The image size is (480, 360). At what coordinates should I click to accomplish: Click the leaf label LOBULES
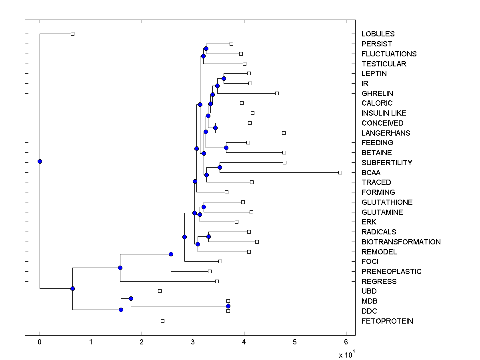coord(378,34)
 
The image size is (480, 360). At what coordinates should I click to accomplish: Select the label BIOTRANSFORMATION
coord(401,242)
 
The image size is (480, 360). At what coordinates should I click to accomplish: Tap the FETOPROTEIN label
coord(387,321)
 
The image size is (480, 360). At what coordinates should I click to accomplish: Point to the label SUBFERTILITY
coord(386,163)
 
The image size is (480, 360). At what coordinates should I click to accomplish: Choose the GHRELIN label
coord(377,94)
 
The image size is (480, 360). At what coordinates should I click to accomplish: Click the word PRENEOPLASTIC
coord(391,272)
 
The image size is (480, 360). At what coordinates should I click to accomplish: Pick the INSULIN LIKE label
coord(384,113)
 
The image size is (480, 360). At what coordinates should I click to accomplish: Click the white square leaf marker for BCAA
coord(340,172)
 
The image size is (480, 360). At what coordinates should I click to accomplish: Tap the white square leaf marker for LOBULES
coord(72,34)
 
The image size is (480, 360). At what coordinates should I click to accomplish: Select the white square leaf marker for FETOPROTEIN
coord(162,321)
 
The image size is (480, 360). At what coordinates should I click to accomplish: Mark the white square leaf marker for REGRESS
coord(217,281)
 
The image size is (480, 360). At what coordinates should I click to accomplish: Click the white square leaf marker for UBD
coord(160,291)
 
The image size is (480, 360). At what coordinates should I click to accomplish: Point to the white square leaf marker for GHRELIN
coord(277,93)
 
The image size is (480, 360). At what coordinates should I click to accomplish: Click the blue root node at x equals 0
coord(40,161)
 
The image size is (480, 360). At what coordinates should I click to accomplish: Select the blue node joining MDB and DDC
coord(228,306)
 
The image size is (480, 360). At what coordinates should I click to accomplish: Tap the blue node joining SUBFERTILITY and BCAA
coord(220,167)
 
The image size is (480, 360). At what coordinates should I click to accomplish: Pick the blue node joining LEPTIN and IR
coord(224,78)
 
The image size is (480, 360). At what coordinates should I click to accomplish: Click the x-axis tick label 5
coord(295,342)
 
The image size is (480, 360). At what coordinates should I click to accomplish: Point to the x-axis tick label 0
coord(40,342)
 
